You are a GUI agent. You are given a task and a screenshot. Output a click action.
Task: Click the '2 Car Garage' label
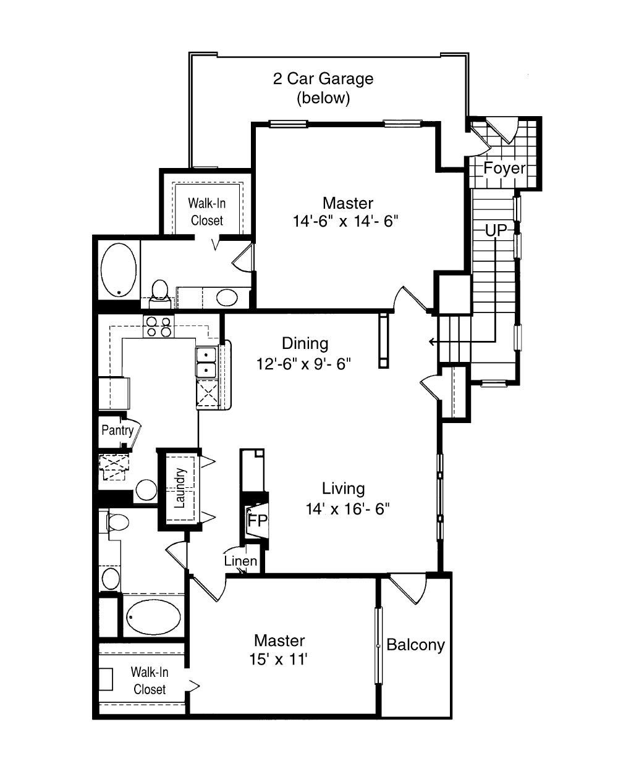pos(323,78)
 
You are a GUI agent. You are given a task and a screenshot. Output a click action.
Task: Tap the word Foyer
pos(504,168)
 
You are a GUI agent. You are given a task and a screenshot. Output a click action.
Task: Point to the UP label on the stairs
pos(496,230)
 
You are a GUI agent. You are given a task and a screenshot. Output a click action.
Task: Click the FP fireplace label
pos(258,520)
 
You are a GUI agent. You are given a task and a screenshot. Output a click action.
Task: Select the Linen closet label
pos(240,561)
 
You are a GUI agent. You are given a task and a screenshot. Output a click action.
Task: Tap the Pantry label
pos(117,430)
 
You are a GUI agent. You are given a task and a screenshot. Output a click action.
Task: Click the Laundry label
pos(179,489)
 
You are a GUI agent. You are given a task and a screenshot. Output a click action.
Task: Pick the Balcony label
pos(415,645)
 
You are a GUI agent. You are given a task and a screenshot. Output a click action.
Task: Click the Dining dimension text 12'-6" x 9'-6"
pos(303,364)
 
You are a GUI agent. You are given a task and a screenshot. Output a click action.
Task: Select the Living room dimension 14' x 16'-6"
pos(347,509)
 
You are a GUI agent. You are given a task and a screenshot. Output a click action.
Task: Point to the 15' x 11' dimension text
pos(278,659)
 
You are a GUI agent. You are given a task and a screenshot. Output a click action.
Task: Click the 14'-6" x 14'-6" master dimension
pos(345,221)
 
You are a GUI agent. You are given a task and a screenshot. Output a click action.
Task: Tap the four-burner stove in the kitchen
pos(159,327)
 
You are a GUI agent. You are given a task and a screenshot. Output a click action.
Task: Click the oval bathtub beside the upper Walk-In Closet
pos(119,270)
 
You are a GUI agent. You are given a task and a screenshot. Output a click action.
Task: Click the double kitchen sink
pos(206,363)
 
